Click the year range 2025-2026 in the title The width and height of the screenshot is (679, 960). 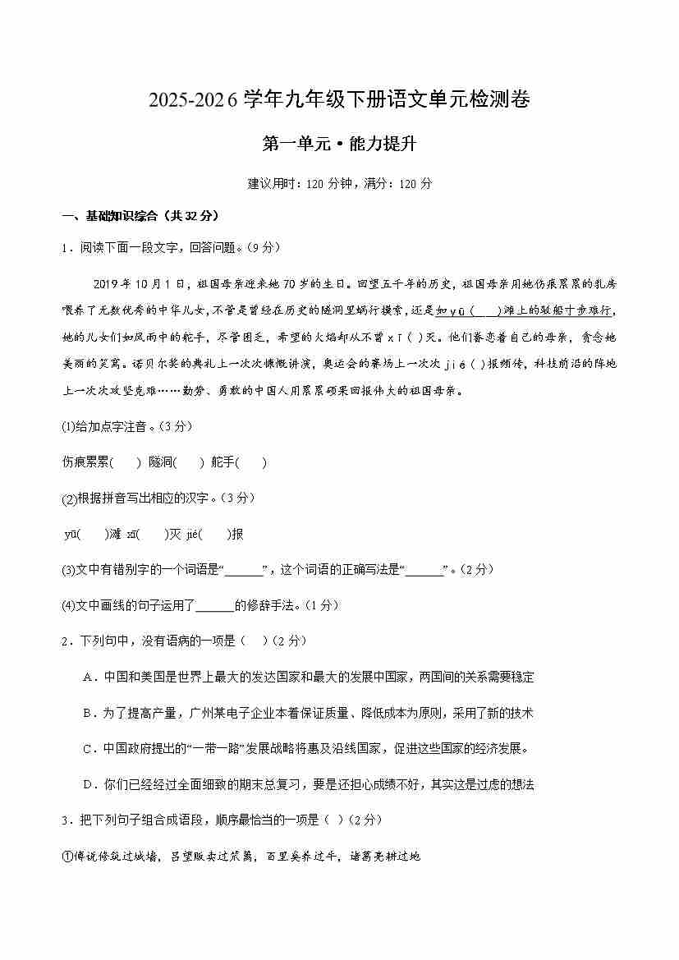(x=193, y=102)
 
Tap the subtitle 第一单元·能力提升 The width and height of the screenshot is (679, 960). (x=339, y=145)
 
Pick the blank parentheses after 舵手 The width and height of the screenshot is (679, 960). (x=252, y=462)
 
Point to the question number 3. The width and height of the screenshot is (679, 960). (x=66, y=820)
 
